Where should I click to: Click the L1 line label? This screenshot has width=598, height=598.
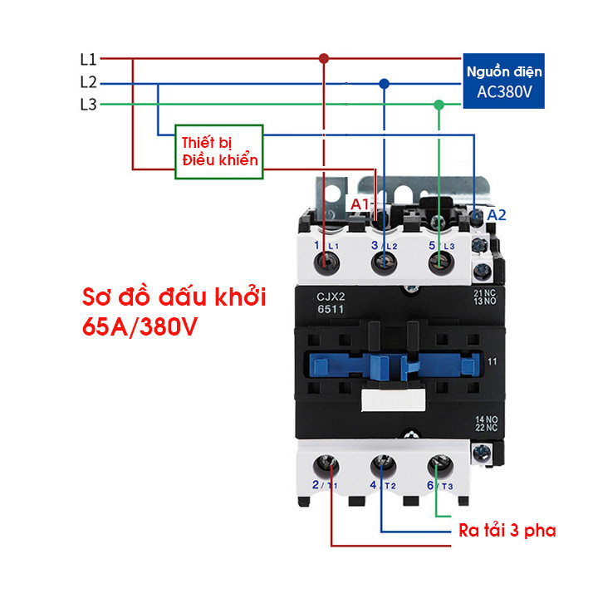88,59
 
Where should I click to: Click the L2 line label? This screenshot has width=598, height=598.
88,82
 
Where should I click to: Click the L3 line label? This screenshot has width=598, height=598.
88,104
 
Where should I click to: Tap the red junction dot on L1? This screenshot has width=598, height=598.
324,58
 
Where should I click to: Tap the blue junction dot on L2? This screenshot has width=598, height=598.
384,84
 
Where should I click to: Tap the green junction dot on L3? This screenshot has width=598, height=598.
439,105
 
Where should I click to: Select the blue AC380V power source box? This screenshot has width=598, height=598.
503,81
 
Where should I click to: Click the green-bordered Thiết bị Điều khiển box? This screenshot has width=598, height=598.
219,151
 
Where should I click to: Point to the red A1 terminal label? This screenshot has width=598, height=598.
360,204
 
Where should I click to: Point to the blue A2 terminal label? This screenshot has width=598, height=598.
497,215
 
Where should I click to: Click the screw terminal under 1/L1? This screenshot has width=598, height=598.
326,263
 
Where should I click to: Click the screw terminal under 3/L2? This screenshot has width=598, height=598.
384,263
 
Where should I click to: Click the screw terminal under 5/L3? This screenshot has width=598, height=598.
441,263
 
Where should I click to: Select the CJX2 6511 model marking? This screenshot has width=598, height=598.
331,303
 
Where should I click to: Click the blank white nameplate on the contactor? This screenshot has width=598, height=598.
393,400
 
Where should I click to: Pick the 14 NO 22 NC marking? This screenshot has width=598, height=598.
486,424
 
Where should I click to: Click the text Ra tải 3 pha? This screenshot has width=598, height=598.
507,531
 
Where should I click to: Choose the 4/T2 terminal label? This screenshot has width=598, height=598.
383,485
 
